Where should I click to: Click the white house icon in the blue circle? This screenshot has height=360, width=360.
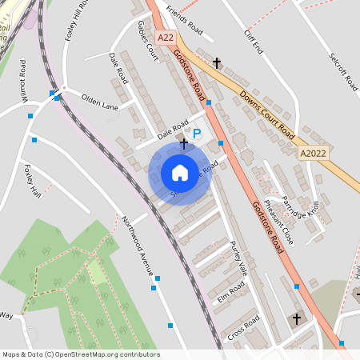[x=180, y=172]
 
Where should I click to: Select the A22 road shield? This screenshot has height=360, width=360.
[x=166, y=37]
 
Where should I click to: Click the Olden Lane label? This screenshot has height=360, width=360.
[x=99, y=102]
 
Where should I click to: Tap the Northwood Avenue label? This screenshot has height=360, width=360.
[x=137, y=243]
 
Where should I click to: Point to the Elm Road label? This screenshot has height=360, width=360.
[x=231, y=292]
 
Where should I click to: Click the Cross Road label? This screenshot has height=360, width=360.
[x=243, y=328]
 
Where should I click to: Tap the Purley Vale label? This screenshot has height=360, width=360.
[x=238, y=258]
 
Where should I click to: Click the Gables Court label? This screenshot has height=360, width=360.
[x=146, y=40]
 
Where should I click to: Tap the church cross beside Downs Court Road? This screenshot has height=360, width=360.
[x=217, y=62]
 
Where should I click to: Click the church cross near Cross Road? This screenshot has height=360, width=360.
[x=296, y=318]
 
